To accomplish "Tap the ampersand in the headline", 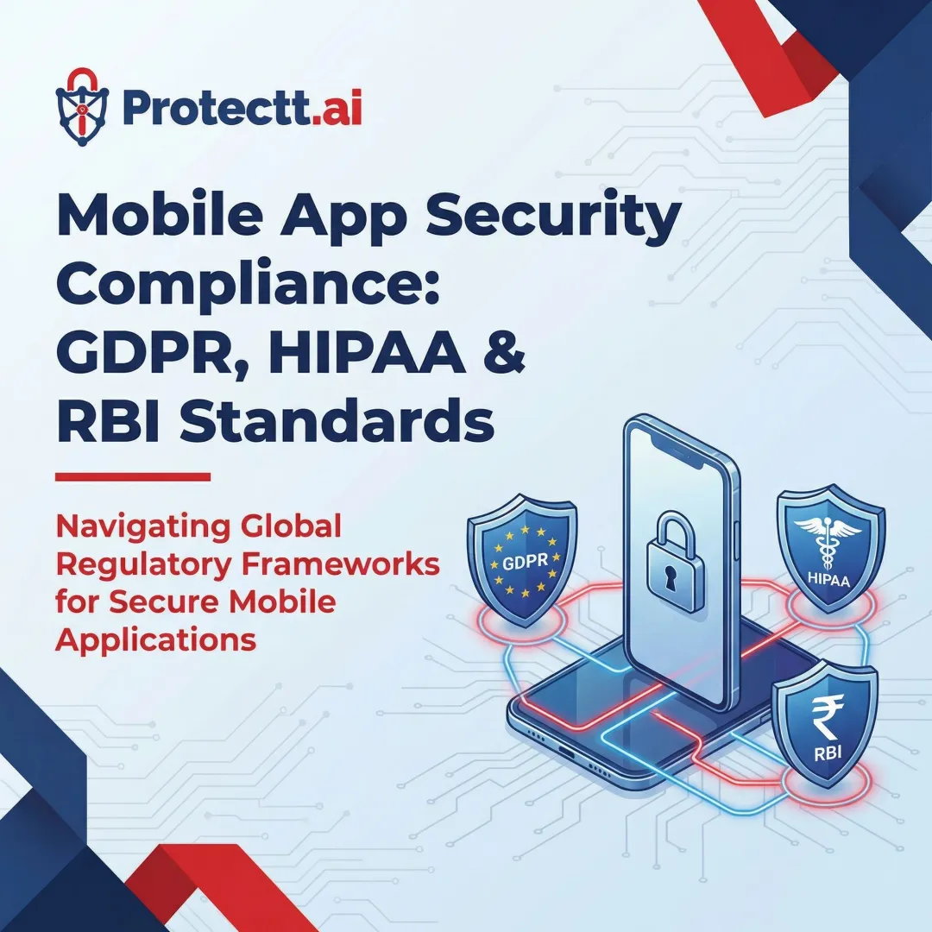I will pos(501,356).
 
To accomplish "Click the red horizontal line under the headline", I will pos(132,476).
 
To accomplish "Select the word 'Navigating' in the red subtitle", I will pos(144,525).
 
